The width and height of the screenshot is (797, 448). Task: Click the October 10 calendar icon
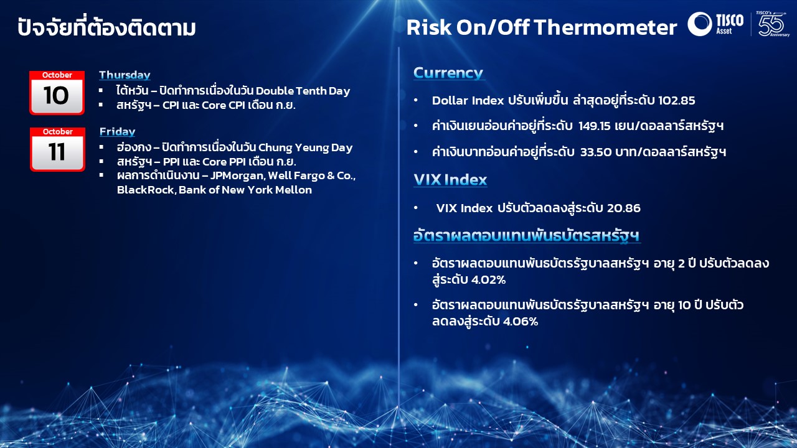tap(57, 93)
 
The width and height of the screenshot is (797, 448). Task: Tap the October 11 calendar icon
tap(58, 149)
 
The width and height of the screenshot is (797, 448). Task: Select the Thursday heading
tap(125, 75)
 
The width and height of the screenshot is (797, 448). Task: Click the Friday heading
tap(118, 131)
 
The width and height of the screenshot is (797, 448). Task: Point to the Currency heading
tap(448, 73)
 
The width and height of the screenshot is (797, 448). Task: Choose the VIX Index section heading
tap(450, 180)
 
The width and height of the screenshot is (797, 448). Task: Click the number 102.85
tap(676, 101)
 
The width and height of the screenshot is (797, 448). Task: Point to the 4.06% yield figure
tap(520, 322)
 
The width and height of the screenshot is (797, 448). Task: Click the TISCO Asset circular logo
tap(699, 24)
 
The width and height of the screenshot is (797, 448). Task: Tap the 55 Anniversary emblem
tap(772, 24)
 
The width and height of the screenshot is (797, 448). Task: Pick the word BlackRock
tap(146, 190)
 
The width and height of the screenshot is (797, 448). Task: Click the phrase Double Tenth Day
tap(303, 91)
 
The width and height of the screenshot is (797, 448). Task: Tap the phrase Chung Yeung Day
tap(305, 147)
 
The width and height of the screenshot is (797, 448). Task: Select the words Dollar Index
tap(468, 101)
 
